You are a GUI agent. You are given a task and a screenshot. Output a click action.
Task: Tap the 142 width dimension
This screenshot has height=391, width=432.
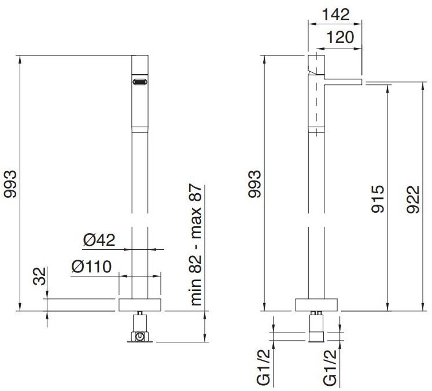334,13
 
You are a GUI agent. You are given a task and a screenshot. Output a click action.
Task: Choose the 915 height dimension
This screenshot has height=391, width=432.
377,199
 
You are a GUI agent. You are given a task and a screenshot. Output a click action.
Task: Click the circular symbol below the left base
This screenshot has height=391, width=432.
141,335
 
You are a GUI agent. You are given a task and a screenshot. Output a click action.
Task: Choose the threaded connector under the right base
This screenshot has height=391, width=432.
316,327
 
